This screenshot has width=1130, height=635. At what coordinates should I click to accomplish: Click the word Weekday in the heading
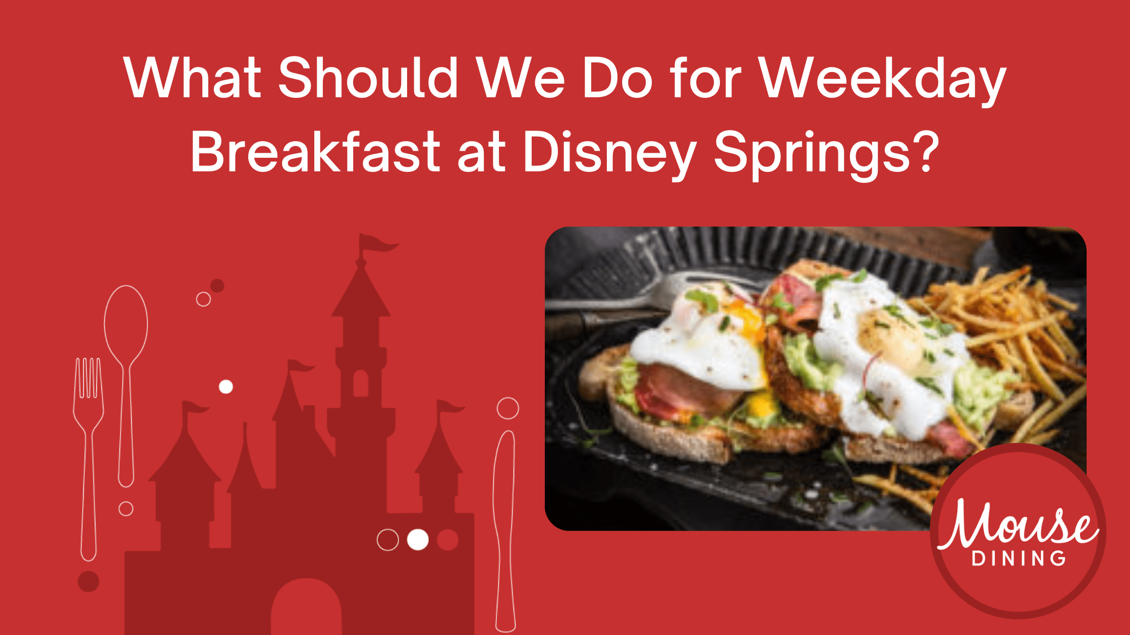[883, 78]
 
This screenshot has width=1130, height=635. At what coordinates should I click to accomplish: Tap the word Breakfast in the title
[316, 152]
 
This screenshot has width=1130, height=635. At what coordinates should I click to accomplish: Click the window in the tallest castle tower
[361, 383]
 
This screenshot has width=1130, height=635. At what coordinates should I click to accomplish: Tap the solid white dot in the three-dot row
[418, 540]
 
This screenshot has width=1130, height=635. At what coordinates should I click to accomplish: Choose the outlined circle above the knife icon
[507, 408]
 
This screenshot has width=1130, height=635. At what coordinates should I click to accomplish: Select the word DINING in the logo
[1019, 558]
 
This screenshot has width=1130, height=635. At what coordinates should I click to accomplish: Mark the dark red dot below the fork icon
[88, 581]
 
